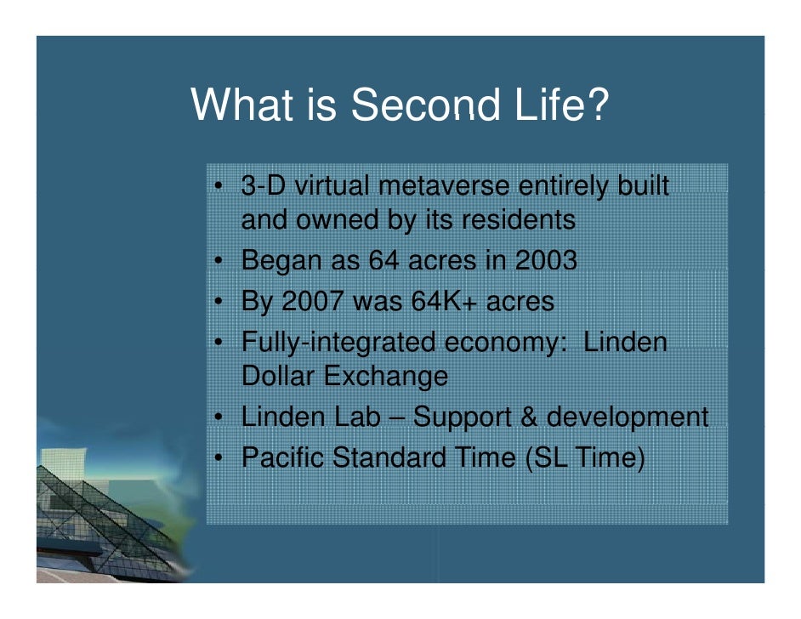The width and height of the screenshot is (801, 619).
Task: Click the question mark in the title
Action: [x=597, y=105]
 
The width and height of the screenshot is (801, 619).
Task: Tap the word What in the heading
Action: [x=241, y=105]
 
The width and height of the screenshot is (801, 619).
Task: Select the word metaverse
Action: [x=443, y=185]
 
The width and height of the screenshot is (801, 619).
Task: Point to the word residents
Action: [x=518, y=219]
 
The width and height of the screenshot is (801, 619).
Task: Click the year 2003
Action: [x=546, y=260]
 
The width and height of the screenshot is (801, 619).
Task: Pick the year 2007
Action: [x=312, y=301]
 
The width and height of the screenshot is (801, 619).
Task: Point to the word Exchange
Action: [x=386, y=377]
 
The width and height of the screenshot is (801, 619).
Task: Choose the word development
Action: [x=628, y=417]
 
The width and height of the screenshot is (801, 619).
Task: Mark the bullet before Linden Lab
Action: [x=218, y=417]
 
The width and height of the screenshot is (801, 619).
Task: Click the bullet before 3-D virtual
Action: [x=218, y=186]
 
